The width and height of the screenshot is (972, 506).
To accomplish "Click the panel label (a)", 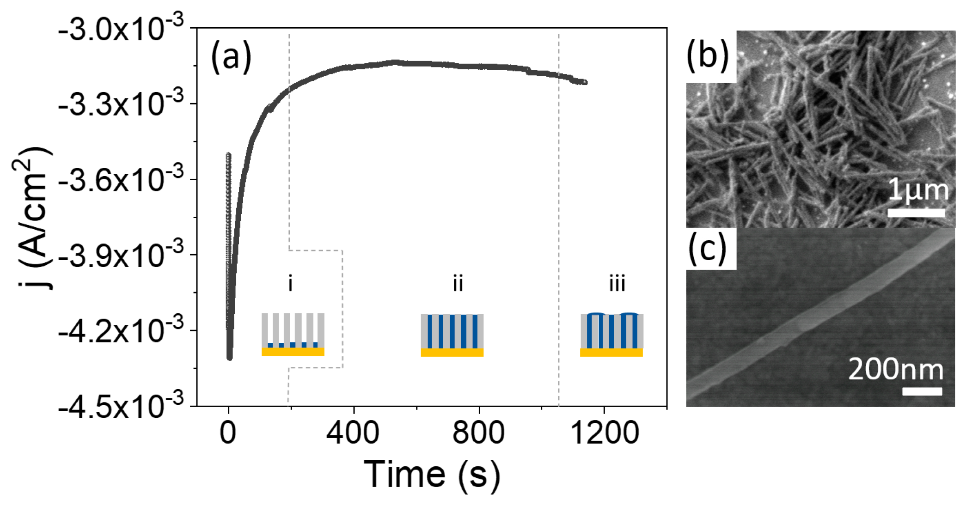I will (x=231, y=57).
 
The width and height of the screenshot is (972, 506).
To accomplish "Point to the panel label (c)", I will (x=708, y=249).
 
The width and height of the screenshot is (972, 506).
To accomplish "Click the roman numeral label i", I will (x=290, y=283).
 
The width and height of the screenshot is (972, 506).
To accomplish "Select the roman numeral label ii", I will (x=458, y=283).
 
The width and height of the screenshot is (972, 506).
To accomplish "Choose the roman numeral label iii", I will (x=617, y=283).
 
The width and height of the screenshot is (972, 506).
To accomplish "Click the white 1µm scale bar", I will (x=916, y=213).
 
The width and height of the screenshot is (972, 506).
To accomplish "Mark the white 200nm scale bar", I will (x=922, y=391).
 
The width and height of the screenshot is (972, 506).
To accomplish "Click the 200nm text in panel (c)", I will (x=896, y=370).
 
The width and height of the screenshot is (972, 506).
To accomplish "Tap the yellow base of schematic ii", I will (x=452, y=353).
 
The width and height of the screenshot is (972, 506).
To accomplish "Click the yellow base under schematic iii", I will (x=611, y=353).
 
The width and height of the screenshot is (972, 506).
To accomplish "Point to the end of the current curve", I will (x=585, y=82).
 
